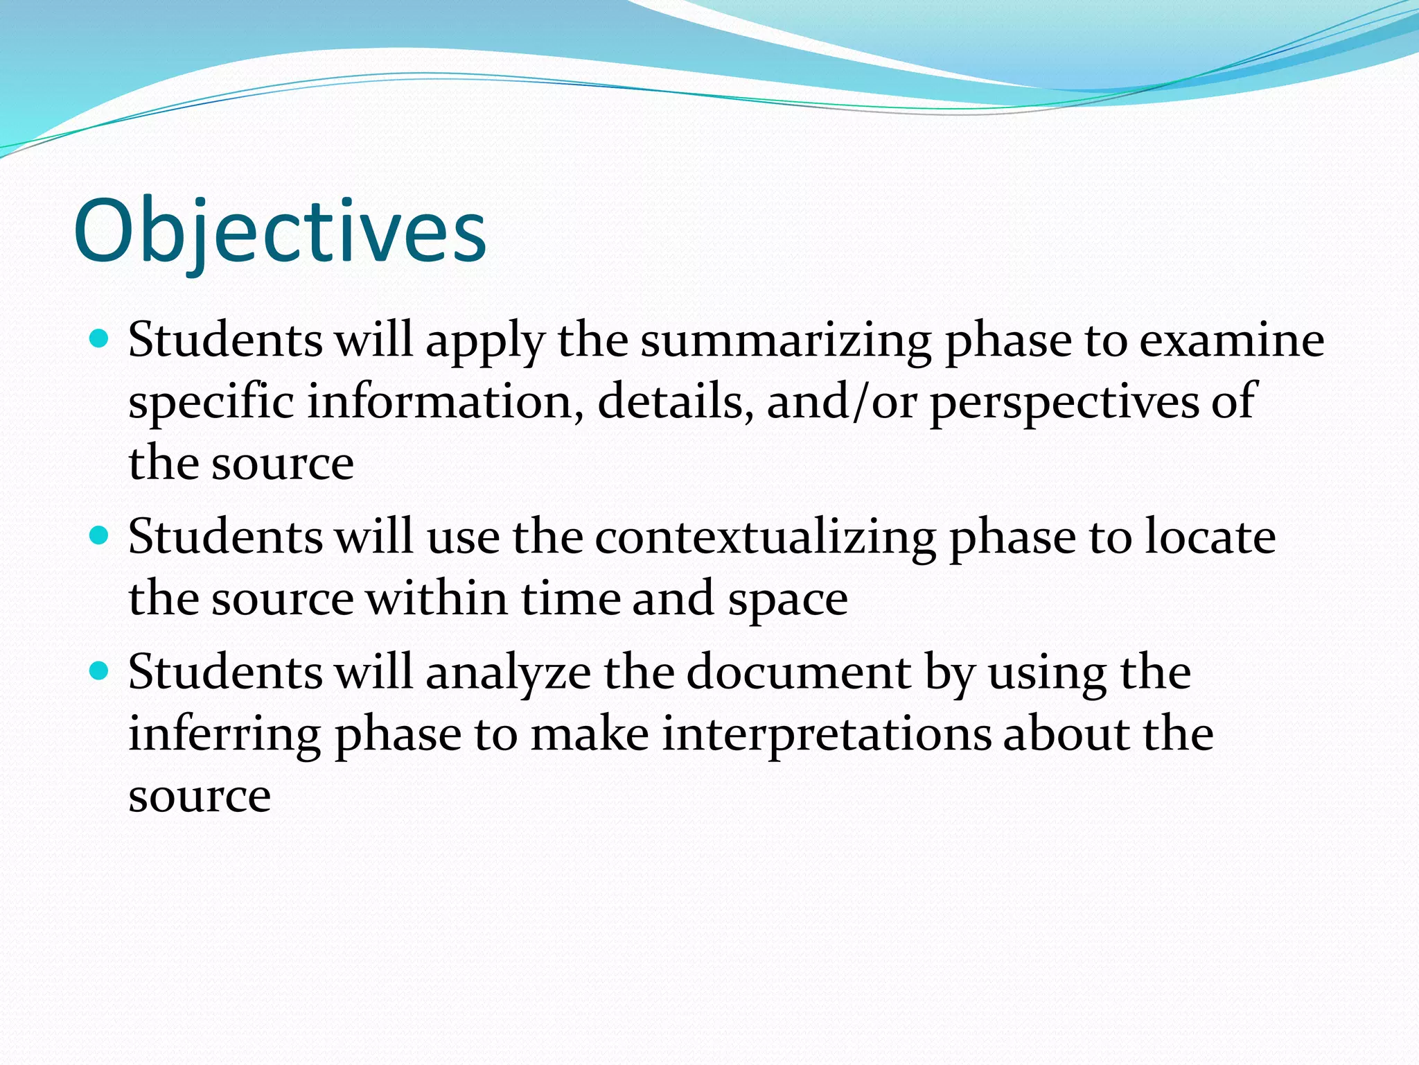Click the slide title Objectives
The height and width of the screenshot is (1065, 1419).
point(280,232)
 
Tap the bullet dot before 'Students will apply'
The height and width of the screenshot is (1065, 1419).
point(100,339)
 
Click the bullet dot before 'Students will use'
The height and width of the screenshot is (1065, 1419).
point(100,536)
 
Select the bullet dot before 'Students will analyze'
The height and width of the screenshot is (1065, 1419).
point(100,671)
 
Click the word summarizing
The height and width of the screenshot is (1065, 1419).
point(786,342)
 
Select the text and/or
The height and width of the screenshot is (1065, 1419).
point(841,402)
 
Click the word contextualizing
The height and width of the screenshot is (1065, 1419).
point(765,538)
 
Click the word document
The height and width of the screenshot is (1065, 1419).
point(799,673)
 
